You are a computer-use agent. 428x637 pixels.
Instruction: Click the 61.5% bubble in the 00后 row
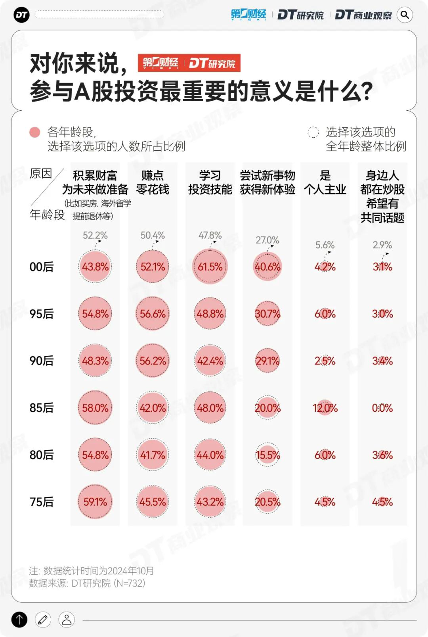(210, 267)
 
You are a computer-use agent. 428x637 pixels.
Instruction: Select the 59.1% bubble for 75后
(95, 502)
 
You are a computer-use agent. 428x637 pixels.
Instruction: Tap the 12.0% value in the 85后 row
(325, 408)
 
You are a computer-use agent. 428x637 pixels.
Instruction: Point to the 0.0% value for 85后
(382, 408)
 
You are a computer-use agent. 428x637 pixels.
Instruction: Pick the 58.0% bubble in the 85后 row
(95, 408)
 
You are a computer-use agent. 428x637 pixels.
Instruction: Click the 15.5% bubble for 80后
(267, 455)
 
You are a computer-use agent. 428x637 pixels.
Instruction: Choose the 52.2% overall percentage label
(95, 235)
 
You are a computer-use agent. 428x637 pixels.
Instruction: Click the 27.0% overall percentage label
(267, 240)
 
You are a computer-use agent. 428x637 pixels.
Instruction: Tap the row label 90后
(42, 361)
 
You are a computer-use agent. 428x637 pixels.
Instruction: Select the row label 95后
(42, 314)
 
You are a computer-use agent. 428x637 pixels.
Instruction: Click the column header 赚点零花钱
(153, 182)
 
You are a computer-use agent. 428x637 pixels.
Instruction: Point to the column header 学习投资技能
(210, 182)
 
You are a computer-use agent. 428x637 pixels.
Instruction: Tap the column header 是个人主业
(325, 182)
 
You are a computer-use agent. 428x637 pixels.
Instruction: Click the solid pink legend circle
(35, 132)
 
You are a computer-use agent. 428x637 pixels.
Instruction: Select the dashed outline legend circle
(313, 132)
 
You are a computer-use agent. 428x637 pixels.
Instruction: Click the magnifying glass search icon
(405, 15)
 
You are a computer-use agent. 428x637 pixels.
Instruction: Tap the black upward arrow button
(19, 619)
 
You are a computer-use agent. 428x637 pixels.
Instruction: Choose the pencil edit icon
(43, 619)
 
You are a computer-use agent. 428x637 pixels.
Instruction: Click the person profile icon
(67, 619)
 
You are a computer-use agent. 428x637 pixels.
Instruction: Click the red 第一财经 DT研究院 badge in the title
(189, 63)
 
